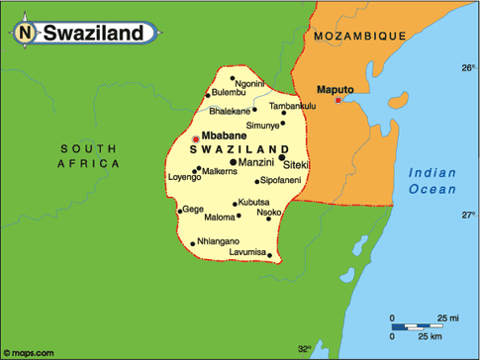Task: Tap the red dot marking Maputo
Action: [338, 100]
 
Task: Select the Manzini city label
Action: [256, 161]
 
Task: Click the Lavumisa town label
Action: [246, 253]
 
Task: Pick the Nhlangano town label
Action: [219, 240]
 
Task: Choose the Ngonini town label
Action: [250, 84]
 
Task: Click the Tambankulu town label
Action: [292, 106]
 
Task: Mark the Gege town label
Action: [193, 209]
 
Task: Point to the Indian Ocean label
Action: [433, 181]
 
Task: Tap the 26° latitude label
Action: [468, 68]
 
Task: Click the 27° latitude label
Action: [468, 214]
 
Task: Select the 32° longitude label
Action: [304, 349]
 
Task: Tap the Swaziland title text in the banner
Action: [96, 34]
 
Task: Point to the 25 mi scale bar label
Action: [449, 317]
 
